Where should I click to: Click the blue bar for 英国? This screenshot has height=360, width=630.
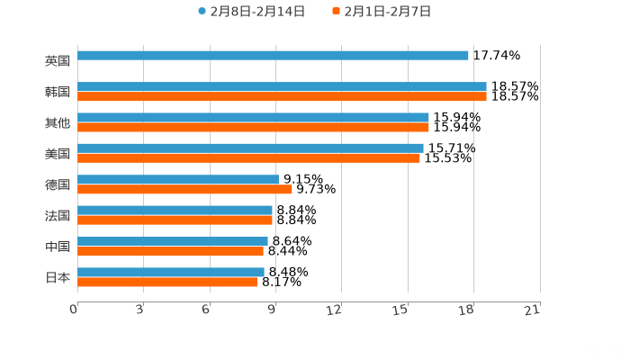click(273, 56)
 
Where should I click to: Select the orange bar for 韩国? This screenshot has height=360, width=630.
click(282, 96)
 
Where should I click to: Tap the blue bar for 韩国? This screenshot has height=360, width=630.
click(282, 86)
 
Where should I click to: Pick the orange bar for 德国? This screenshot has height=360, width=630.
click(184, 189)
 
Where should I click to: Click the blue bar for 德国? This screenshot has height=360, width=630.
click(178, 179)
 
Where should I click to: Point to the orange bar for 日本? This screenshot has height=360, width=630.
click(167, 282)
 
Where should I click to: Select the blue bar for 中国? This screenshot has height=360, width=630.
click(173, 241)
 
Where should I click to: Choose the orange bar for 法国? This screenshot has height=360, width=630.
click(175, 220)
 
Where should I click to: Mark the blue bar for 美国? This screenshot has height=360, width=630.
click(250, 148)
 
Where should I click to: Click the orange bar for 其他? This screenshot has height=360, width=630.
click(253, 127)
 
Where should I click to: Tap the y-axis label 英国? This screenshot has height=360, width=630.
click(58, 61)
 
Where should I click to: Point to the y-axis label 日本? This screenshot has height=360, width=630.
click(58, 277)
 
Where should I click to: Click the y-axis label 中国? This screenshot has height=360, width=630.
click(58, 247)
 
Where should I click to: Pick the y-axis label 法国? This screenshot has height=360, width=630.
click(58, 215)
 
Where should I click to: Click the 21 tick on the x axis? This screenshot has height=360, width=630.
click(533, 310)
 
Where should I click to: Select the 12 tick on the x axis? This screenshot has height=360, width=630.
click(335, 310)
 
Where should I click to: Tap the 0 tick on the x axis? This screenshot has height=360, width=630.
click(74, 310)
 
